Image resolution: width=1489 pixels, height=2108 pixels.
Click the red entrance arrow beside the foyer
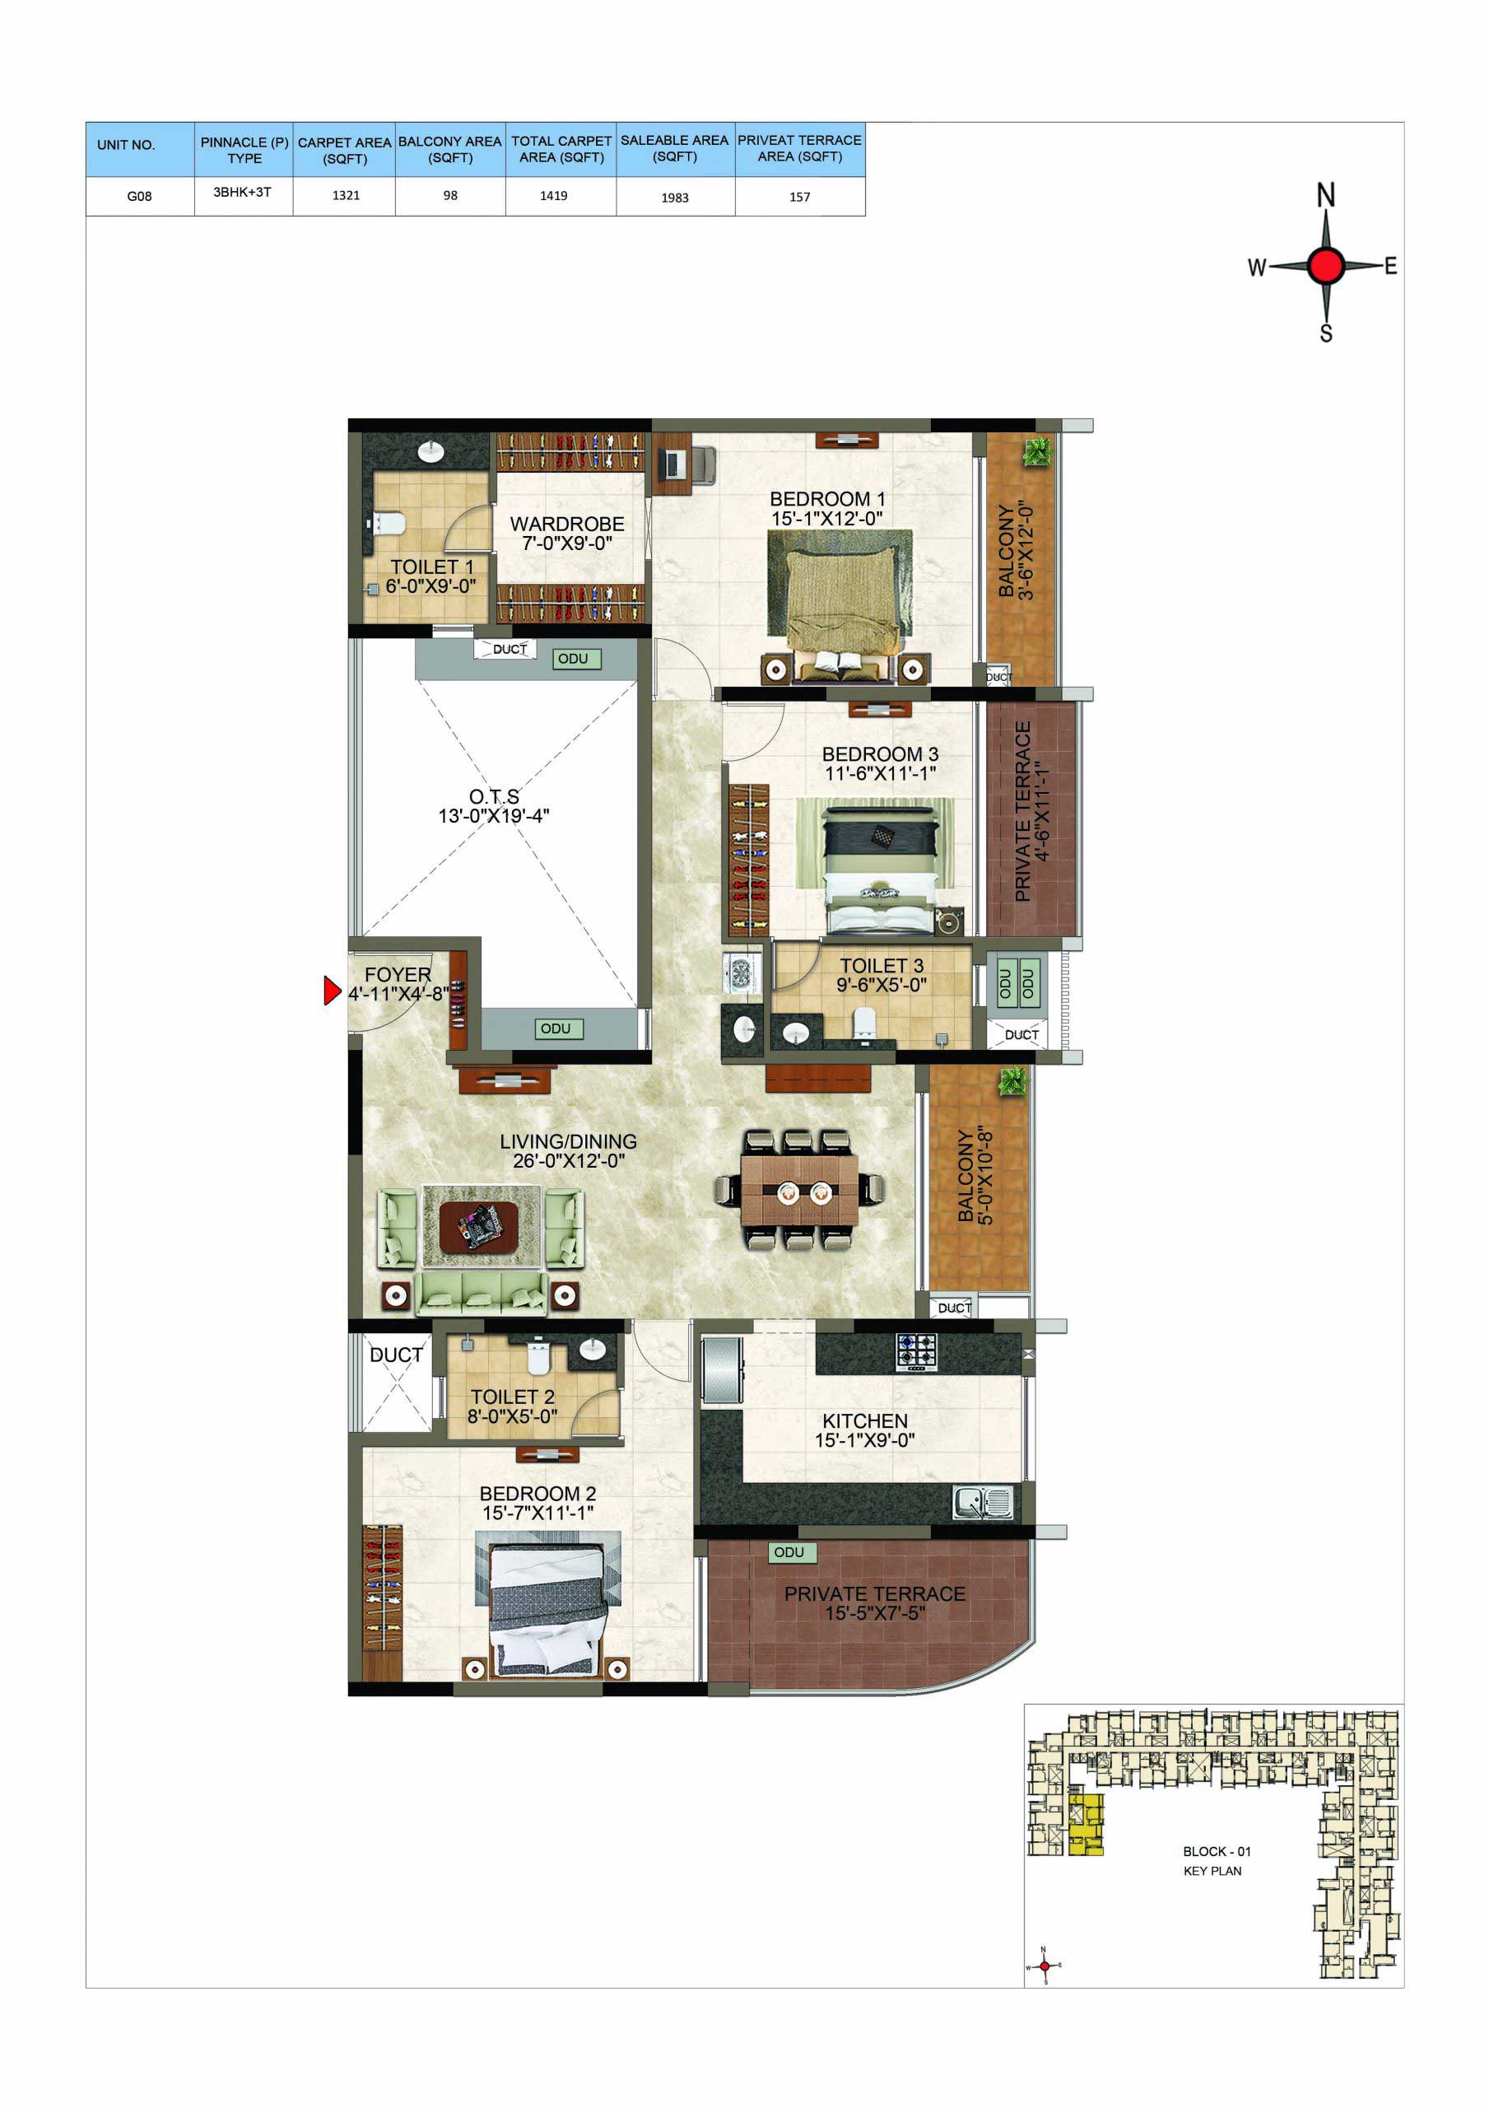pyautogui.click(x=332, y=991)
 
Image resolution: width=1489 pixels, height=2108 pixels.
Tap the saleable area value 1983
pyautogui.click(x=675, y=198)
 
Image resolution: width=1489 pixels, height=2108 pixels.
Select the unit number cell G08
pyautogui.click(x=140, y=195)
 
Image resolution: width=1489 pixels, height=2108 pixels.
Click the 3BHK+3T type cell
pyautogui.click(x=242, y=192)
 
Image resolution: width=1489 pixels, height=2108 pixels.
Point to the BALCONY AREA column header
pyautogui.click(x=449, y=149)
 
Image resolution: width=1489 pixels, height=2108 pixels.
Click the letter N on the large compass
pyautogui.click(x=1325, y=194)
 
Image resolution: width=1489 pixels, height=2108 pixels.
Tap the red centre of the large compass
pyautogui.click(x=1325, y=265)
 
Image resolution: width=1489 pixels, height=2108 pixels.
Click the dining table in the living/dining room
pyautogui.click(x=798, y=1190)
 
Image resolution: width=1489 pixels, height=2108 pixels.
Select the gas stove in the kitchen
pyautogui.click(x=916, y=1352)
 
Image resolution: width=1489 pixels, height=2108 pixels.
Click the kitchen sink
pyautogui.click(x=982, y=1503)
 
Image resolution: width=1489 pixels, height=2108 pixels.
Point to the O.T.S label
pyautogui.click(x=494, y=796)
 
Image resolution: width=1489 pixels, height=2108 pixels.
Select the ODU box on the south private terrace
pyautogui.click(x=789, y=1552)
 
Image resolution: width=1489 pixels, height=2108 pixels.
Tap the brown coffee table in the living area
pyautogui.click(x=478, y=1227)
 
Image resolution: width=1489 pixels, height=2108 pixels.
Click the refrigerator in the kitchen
pyautogui.click(x=722, y=1371)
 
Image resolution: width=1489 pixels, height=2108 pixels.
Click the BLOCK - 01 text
pyautogui.click(x=1217, y=1851)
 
